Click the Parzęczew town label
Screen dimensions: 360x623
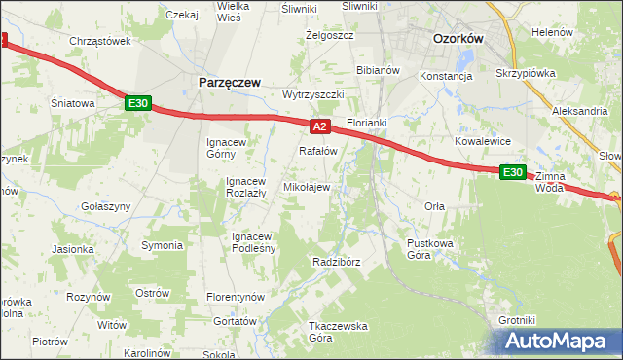point(229,83)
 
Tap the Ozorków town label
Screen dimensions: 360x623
point(458,39)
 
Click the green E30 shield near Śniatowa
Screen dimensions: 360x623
point(137,102)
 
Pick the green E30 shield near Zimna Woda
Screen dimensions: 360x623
point(513,172)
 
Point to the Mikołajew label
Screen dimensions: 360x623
point(306,187)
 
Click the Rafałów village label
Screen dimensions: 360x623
point(317,151)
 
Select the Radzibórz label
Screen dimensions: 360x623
point(337,263)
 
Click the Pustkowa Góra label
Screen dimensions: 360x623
point(432,248)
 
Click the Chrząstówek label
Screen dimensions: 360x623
point(100,41)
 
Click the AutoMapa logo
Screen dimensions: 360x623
point(559,342)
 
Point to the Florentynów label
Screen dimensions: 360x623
point(237,296)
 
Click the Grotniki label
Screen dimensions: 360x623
point(517,320)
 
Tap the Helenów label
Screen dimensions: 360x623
point(552,32)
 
